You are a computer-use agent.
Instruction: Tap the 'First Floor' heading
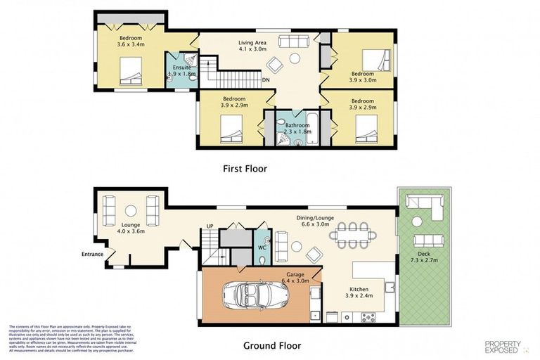coord(245,169)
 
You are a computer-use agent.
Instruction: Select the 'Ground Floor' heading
coord(271,345)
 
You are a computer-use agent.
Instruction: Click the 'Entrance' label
coord(92,254)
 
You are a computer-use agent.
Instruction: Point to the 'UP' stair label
coord(209,226)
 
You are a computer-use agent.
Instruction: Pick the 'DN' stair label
coord(266,80)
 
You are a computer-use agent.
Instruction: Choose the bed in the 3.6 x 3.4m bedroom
coord(131,69)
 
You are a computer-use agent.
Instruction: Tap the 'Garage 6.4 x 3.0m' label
coord(295,278)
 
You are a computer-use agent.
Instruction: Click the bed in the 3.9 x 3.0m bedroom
coord(375,58)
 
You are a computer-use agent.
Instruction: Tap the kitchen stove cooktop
coord(368,317)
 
